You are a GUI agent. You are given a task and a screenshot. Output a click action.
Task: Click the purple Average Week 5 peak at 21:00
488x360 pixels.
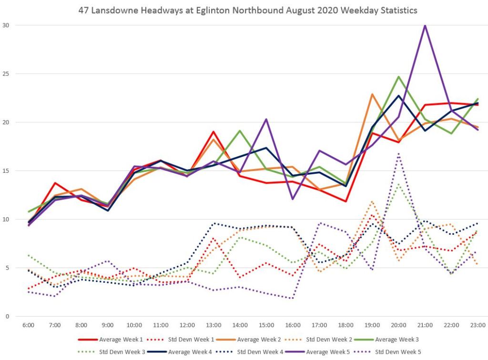tap(425, 25)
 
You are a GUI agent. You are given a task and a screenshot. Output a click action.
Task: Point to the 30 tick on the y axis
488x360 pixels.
tap(6, 25)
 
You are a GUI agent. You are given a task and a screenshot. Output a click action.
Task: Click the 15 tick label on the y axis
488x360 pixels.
tap(6, 170)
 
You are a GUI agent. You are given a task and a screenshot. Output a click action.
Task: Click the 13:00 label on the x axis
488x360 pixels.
tap(213, 325)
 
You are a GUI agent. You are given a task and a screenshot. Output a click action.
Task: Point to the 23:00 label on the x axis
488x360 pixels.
tap(478, 325)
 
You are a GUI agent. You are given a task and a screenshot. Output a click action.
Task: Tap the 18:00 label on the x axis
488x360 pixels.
tap(346, 325)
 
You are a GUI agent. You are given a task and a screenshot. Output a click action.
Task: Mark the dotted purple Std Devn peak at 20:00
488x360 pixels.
tap(398, 154)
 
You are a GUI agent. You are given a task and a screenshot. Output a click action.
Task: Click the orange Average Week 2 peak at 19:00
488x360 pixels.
tap(372, 94)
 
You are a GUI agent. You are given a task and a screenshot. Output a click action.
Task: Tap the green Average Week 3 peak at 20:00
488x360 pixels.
tap(398, 77)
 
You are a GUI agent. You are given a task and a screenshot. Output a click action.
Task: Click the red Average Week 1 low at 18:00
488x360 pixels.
tap(346, 201)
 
